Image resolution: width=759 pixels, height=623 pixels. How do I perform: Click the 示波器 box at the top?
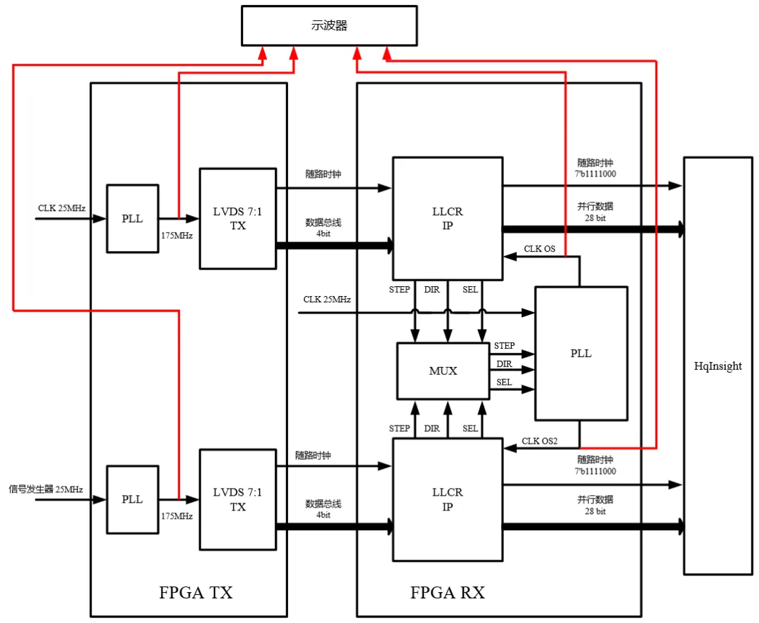(x=329, y=25)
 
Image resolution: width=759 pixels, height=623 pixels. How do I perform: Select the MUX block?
(x=443, y=371)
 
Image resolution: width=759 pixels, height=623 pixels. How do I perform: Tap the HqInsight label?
(x=718, y=366)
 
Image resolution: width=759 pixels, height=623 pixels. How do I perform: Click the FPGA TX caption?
(x=196, y=593)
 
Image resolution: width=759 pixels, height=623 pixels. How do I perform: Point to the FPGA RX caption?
(x=448, y=593)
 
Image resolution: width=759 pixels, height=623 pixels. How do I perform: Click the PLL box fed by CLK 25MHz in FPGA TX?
(x=132, y=219)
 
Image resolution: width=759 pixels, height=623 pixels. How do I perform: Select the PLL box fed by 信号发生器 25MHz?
(x=132, y=499)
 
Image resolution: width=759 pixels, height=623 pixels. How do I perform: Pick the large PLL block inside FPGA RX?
(x=581, y=354)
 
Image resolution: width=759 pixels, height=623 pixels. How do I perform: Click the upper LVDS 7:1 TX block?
(x=238, y=219)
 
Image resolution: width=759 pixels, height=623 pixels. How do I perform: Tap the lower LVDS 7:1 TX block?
(x=238, y=499)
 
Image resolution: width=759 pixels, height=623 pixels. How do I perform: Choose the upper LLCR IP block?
(x=448, y=219)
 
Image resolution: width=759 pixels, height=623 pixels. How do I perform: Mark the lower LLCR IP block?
(x=448, y=499)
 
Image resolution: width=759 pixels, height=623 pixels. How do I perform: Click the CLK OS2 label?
(x=539, y=442)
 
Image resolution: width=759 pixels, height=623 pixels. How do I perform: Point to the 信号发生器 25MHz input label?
(x=46, y=489)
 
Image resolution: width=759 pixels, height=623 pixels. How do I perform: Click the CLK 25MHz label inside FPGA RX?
(x=327, y=300)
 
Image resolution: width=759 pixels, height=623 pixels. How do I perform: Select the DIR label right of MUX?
(x=504, y=364)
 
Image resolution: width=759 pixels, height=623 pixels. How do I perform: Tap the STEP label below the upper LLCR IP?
(x=399, y=289)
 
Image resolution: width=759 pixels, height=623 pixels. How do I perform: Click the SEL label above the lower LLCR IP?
(x=470, y=428)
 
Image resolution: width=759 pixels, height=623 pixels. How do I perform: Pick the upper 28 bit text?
(x=595, y=218)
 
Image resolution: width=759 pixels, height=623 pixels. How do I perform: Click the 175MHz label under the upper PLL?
(x=177, y=236)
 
